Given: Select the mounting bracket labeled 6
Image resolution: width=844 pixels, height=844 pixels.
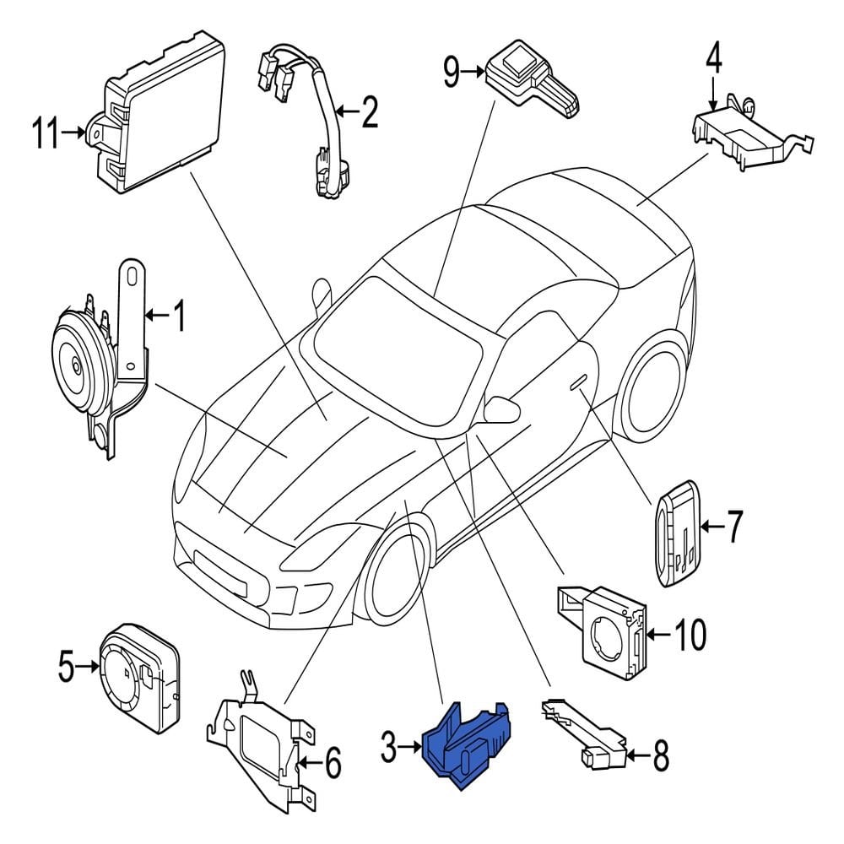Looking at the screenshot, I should pos(257,743).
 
